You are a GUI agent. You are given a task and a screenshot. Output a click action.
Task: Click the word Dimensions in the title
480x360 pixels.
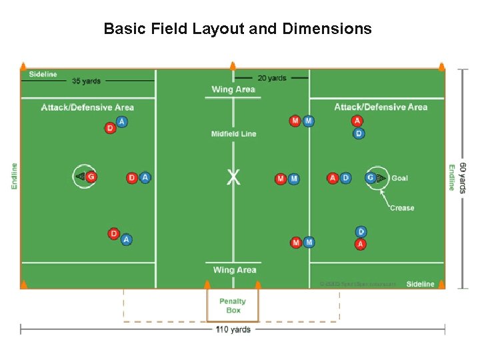(327, 29)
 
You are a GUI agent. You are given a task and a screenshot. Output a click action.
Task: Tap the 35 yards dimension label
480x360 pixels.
(86, 81)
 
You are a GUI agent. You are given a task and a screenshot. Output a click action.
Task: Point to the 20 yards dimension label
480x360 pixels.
(272, 78)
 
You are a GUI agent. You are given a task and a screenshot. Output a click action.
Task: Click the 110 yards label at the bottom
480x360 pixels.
(233, 329)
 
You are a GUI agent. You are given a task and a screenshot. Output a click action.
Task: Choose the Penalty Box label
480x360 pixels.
(233, 305)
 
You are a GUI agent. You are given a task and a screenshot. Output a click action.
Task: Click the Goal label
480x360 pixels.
(400, 178)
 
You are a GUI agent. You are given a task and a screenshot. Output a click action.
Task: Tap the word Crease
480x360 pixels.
(402, 208)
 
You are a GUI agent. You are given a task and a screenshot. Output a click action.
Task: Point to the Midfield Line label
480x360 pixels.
(233, 134)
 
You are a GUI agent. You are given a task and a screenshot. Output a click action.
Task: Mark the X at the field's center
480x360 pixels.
(233, 177)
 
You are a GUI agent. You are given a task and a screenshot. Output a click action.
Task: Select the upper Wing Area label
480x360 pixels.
(233, 89)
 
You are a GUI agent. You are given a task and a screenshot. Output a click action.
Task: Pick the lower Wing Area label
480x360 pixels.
(234, 270)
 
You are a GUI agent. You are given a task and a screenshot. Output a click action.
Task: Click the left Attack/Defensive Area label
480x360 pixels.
(87, 107)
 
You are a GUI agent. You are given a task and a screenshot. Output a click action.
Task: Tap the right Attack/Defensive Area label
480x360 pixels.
(381, 107)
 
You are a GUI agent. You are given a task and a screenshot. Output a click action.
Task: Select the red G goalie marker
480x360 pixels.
(91, 177)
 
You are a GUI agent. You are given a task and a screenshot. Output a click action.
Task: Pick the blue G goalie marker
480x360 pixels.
(370, 178)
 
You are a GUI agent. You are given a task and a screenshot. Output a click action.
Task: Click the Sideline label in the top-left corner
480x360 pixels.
(43, 74)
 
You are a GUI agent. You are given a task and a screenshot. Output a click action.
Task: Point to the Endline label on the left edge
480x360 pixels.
(15, 176)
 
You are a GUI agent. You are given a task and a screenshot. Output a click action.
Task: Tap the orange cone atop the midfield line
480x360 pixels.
(233, 65)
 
